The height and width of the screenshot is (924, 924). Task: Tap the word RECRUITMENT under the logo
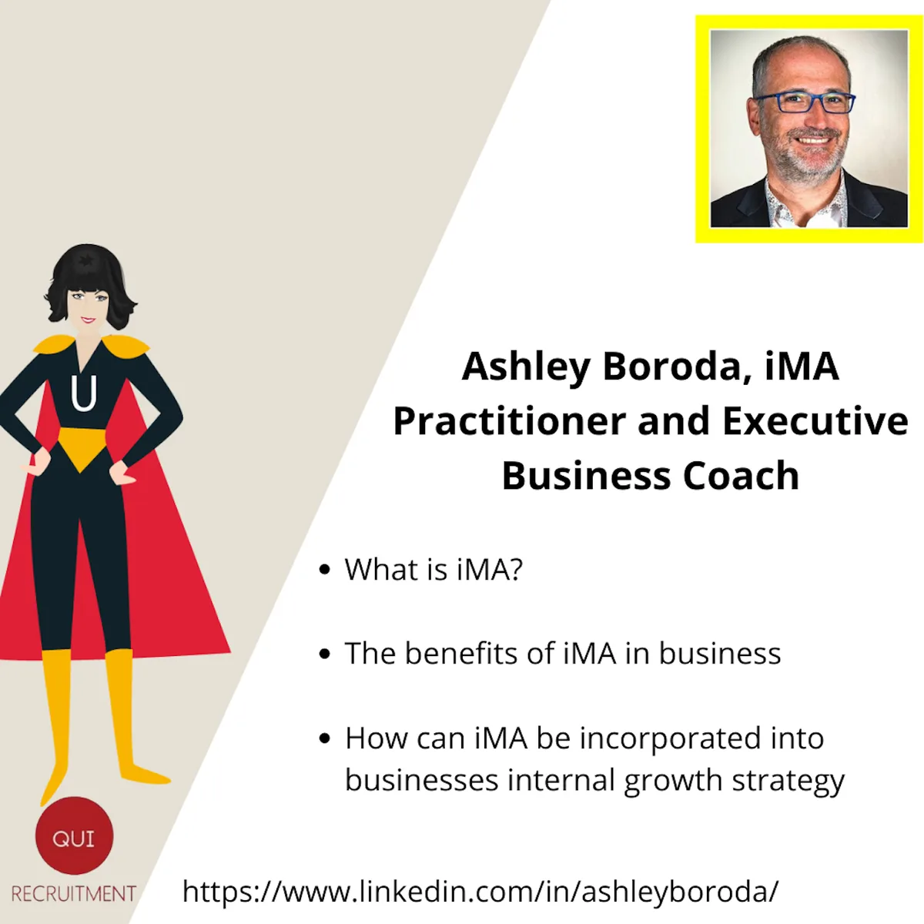(x=73, y=894)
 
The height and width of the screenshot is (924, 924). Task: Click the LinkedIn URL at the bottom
(x=480, y=892)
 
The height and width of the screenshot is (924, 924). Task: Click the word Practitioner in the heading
(x=509, y=421)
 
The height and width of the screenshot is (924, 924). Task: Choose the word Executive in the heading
(x=815, y=421)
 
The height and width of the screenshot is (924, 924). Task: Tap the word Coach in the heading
(x=741, y=476)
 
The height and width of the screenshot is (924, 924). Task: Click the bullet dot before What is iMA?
(x=325, y=569)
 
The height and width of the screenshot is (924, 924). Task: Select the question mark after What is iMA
(x=515, y=569)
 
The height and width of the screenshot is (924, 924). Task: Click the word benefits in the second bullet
(x=461, y=653)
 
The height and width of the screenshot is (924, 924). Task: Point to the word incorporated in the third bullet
(x=670, y=738)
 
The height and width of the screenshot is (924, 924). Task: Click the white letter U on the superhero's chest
(x=84, y=393)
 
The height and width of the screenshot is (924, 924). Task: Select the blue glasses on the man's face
(x=805, y=102)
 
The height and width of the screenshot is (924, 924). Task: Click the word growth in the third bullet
(x=674, y=781)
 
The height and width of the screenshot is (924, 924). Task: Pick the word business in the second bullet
(x=720, y=653)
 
